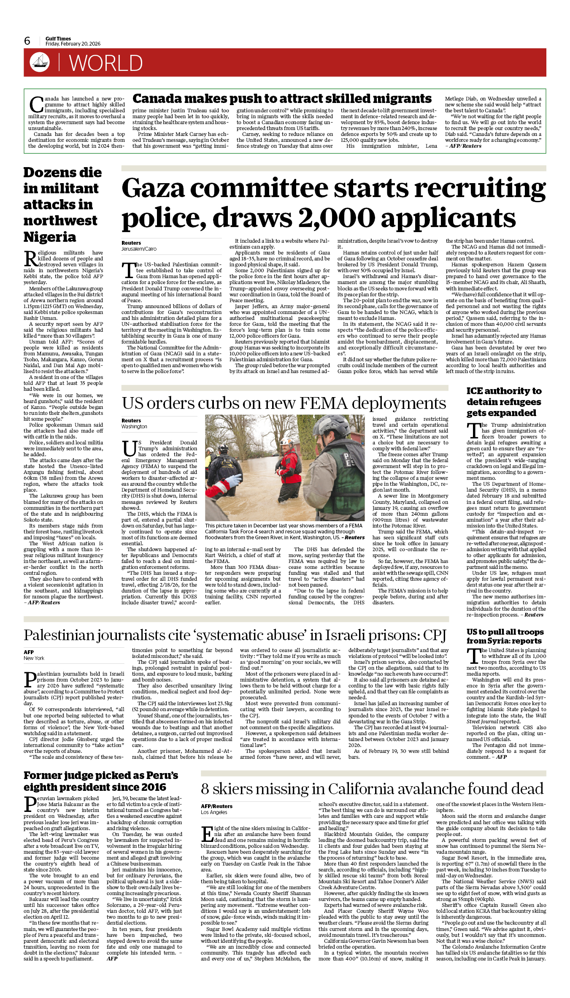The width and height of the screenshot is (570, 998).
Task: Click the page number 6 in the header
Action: tap(27, 41)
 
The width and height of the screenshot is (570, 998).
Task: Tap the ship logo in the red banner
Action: tap(40, 62)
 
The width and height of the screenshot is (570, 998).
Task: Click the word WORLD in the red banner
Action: tap(106, 63)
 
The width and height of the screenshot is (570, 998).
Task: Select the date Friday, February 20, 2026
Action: tap(73, 44)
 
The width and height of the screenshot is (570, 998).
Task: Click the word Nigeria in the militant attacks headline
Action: tap(50, 237)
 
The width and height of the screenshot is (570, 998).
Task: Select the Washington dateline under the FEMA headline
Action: tap(134, 427)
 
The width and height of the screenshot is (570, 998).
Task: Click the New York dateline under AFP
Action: tap(34, 658)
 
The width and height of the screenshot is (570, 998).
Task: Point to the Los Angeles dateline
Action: tap(214, 812)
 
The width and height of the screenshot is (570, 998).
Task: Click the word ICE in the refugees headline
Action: tap(476, 391)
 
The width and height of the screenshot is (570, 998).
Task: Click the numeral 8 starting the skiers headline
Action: tap(205, 789)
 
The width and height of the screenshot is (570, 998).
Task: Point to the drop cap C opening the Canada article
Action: tap(36, 105)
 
